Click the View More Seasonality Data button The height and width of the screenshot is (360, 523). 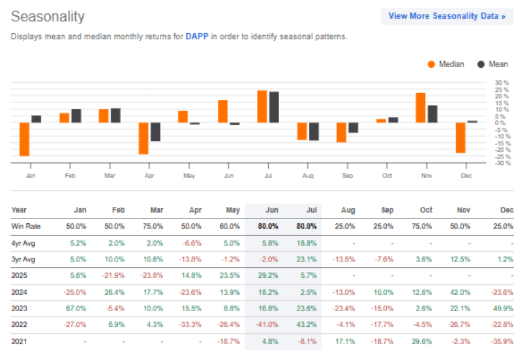[x=447, y=16]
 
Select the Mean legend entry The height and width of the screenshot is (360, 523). [x=493, y=64]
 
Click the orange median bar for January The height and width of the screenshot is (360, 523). [x=25, y=139]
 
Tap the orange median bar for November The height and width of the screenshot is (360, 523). [x=420, y=108]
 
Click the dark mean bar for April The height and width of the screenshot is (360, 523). [x=156, y=132]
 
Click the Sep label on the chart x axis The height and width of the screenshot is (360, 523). [x=347, y=175]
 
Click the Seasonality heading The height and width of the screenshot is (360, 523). [x=48, y=17]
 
